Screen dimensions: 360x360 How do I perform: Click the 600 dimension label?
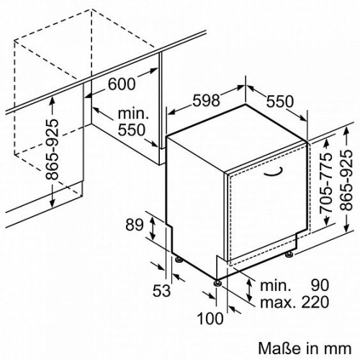click(122, 84)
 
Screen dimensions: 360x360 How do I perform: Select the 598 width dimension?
click(207, 100)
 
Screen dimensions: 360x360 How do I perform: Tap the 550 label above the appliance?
click(280, 101)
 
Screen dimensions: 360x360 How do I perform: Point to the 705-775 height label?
click(326, 183)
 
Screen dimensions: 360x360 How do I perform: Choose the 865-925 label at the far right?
click(347, 181)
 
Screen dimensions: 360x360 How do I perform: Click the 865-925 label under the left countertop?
click(52, 149)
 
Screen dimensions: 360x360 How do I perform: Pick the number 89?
click(135, 225)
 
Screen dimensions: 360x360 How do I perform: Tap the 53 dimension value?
click(161, 291)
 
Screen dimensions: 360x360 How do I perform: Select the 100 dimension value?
click(210, 319)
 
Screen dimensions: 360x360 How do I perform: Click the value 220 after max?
click(315, 302)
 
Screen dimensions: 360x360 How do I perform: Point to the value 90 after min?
click(320, 285)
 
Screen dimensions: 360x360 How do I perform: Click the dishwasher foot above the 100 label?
click(218, 282)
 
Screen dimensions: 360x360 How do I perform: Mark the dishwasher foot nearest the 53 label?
click(179, 260)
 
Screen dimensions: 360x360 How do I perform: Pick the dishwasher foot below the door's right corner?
click(289, 254)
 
